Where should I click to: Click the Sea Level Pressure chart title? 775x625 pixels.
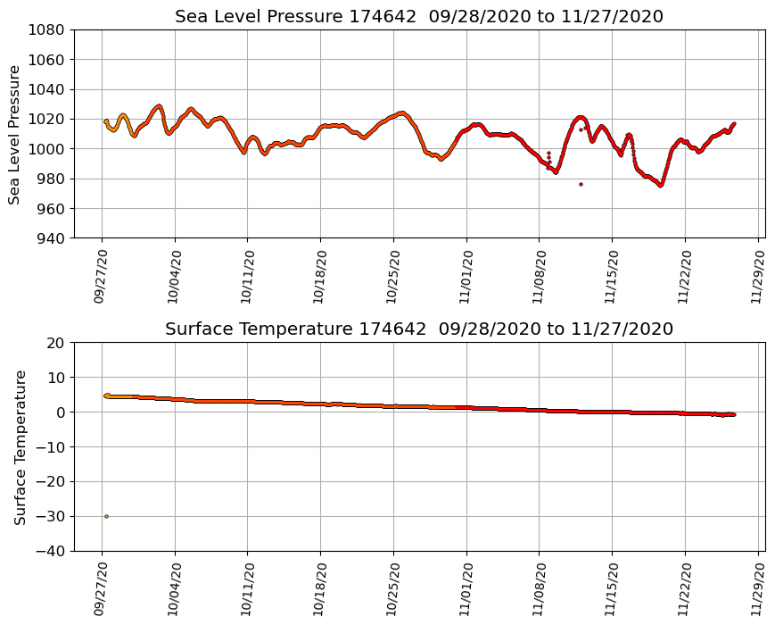(419, 16)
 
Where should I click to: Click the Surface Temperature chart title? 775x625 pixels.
(419, 329)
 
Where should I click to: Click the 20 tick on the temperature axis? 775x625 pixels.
(55, 343)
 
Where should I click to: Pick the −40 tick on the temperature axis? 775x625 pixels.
(50, 551)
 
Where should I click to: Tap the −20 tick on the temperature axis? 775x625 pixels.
(50, 482)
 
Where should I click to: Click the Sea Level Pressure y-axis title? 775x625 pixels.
(15, 134)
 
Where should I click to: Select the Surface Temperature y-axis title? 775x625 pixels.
(20, 446)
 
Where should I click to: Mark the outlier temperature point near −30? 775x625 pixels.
(106, 516)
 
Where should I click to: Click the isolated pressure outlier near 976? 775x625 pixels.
(581, 184)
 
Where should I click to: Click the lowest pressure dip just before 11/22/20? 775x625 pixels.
(661, 185)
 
